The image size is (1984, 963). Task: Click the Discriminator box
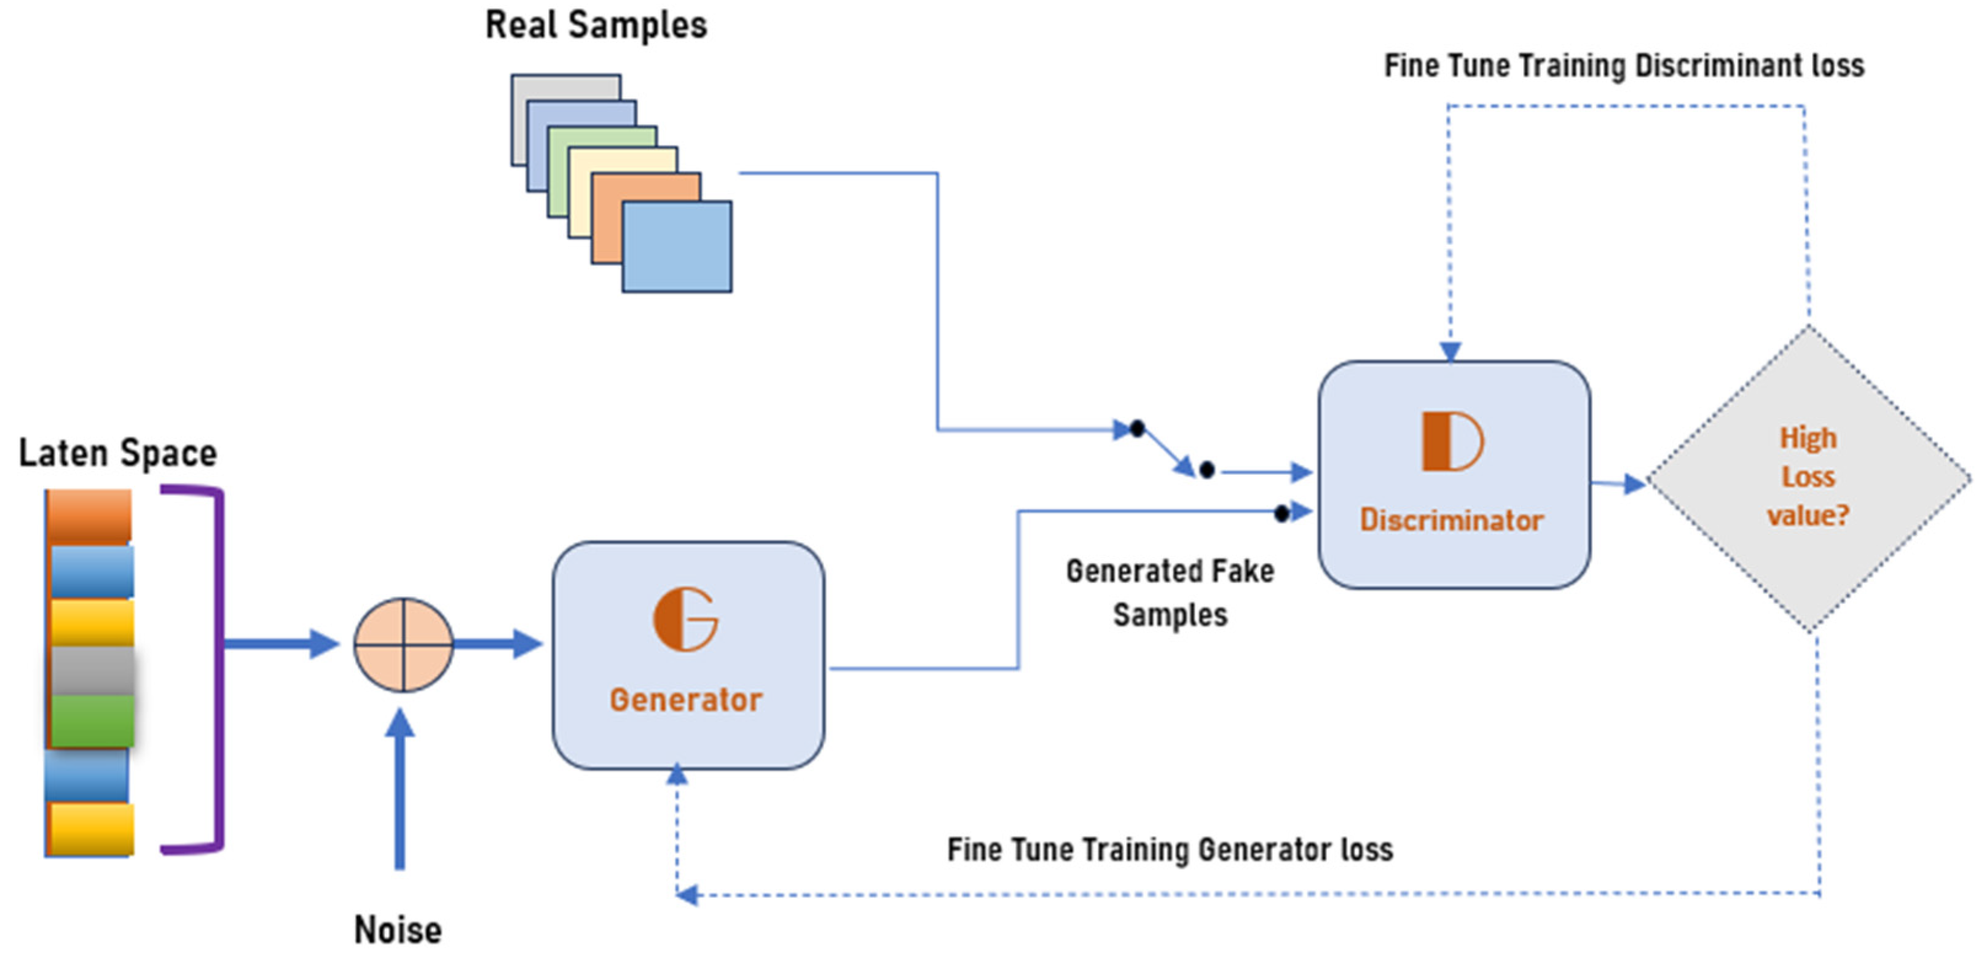click(1454, 474)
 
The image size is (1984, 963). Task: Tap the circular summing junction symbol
click(403, 644)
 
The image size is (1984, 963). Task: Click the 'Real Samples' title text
click(596, 25)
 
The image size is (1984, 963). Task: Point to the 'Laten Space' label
click(117, 453)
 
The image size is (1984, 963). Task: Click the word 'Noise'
click(398, 930)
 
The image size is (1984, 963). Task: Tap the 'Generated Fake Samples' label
click(1169, 593)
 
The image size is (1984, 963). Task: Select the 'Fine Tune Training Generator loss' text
click(1169, 850)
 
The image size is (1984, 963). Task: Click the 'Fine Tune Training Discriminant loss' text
click(1624, 66)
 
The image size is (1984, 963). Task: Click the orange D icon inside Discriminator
click(1452, 441)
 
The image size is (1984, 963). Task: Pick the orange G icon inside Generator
click(685, 620)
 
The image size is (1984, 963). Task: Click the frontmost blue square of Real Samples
click(676, 246)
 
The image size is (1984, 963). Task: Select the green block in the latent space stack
click(92, 720)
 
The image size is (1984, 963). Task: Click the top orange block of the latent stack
click(89, 515)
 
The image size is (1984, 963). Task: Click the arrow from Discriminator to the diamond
click(1618, 483)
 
